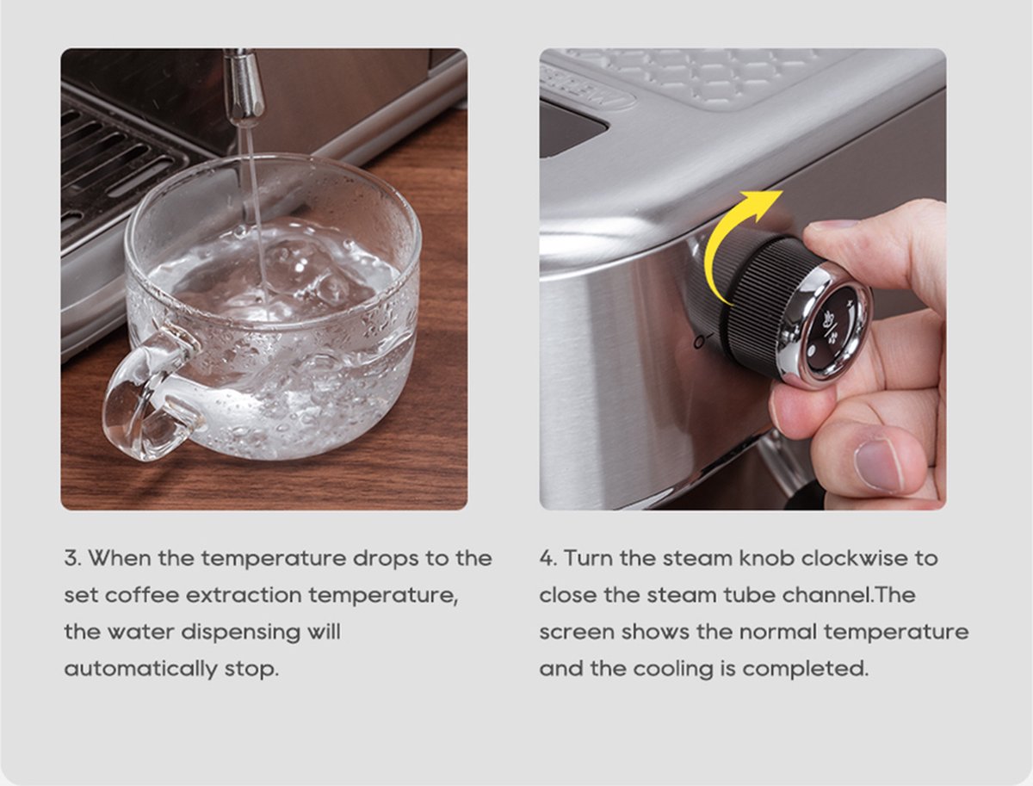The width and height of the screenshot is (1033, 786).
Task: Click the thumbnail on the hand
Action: (x=876, y=465)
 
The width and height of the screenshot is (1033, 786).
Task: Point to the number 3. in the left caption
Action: (x=72, y=559)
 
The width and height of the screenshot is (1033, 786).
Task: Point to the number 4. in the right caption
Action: (x=547, y=559)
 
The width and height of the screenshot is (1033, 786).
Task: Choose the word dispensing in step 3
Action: (x=240, y=633)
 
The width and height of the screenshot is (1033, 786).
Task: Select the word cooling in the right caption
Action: (x=672, y=669)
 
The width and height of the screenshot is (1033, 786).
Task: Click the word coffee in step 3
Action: (x=142, y=596)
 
